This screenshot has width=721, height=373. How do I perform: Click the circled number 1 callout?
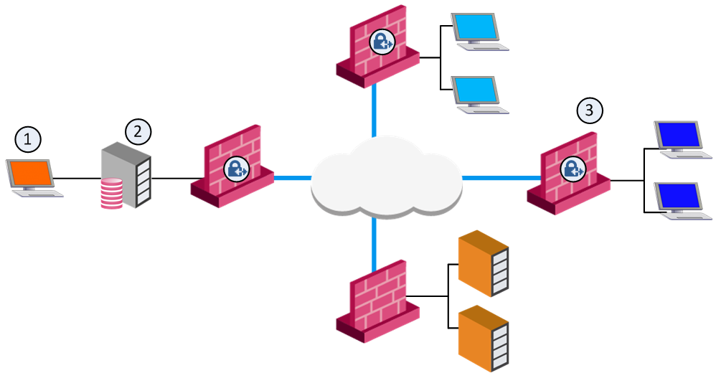pyautogui.click(x=29, y=139)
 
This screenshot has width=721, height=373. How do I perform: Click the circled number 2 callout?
pyautogui.click(x=138, y=131)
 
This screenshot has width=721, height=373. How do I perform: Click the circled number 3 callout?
pyautogui.click(x=590, y=110)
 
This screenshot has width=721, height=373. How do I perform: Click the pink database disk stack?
pyautogui.click(x=110, y=194)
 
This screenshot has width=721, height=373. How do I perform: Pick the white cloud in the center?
pyautogui.click(x=385, y=177)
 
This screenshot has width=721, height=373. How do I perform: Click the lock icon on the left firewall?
pyautogui.click(x=236, y=169)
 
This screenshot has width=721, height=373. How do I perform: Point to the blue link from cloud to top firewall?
pyautogui.click(x=374, y=111)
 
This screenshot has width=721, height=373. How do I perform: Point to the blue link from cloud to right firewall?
pyautogui.click(x=499, y=177)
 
